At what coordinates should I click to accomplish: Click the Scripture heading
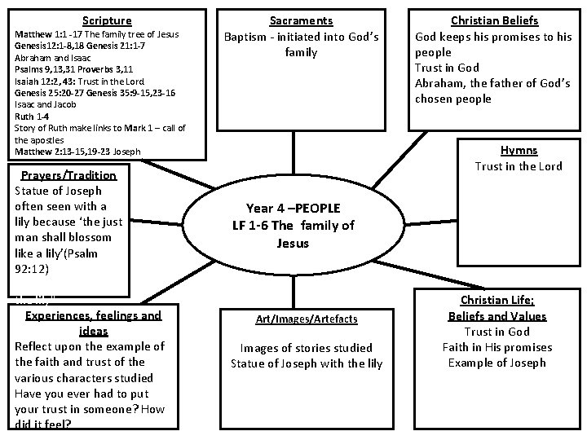[x=107, y=20]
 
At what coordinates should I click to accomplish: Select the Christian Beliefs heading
[x=495, y=20]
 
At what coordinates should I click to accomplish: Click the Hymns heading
[x=519, y=151]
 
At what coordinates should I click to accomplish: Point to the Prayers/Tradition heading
[x=68, y=175]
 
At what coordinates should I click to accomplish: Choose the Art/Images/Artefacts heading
[x=306, y=319]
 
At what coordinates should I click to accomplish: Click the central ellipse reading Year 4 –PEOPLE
[x=293, y=224]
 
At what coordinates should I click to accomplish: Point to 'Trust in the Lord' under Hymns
[x=519, y=166]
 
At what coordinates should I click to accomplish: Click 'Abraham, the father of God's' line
[x=493, y=83]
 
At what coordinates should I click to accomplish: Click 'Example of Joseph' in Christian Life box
[x=497, y=363]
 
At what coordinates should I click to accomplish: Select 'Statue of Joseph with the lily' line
[x=307, y=363]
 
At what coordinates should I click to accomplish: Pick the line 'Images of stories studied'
[x=307, y=348]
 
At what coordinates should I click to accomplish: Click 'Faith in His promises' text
[x=497, y=347]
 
